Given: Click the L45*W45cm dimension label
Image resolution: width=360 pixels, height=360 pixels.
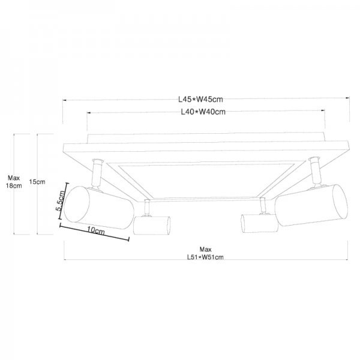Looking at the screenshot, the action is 200,99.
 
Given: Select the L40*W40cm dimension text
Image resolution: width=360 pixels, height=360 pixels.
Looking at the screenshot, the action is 203,112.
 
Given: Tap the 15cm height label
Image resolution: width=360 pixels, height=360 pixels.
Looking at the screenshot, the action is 37,182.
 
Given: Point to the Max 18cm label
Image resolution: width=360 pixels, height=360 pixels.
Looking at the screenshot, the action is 14,182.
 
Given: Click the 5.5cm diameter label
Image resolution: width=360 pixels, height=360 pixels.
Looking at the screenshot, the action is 61,200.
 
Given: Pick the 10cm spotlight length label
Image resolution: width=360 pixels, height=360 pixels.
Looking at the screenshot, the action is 96,230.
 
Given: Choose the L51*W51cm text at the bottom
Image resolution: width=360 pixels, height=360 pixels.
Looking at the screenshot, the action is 205,257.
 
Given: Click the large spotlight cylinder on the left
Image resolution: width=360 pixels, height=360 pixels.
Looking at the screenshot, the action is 99,208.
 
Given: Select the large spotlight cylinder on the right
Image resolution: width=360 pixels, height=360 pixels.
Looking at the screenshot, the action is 311,205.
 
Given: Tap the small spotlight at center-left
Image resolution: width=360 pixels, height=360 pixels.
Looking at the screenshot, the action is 152,225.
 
